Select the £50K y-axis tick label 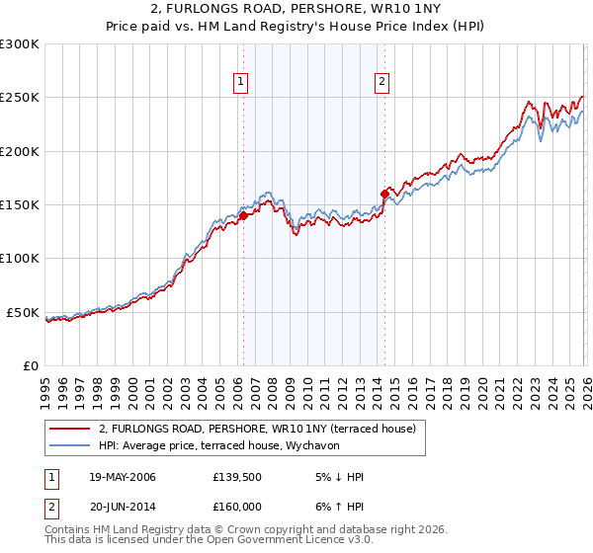(x=24, y=312)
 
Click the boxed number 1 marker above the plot (x=242, y=83)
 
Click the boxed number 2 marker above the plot (x=381, y=83)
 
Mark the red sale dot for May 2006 (x=243, y=216)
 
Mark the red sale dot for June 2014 (x=384, y=194)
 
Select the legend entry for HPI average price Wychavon (x=216, y=446)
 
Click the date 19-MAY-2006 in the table (x=122, y=477)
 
